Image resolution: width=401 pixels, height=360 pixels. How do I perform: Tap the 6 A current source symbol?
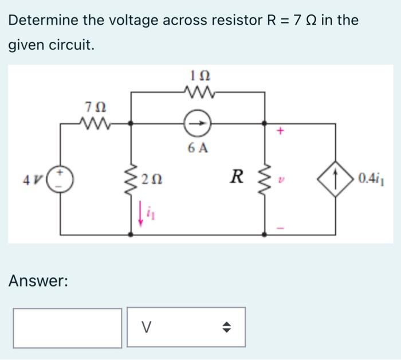click(x=198, y=123)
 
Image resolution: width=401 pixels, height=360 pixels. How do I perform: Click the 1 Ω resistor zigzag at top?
click(x=198, y=91)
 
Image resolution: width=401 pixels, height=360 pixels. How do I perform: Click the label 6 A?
click(x=198, y=148)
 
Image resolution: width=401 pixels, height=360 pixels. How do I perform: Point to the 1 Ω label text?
click(x=198, y=75)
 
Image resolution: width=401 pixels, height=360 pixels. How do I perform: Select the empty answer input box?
click(x=68, y=327)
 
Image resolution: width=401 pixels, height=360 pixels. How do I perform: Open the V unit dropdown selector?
click(x=186, y=327)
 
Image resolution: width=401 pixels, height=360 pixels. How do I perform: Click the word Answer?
click(x=38, y=281)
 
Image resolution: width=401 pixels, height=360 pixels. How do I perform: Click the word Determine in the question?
click(x=43, y=21)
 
